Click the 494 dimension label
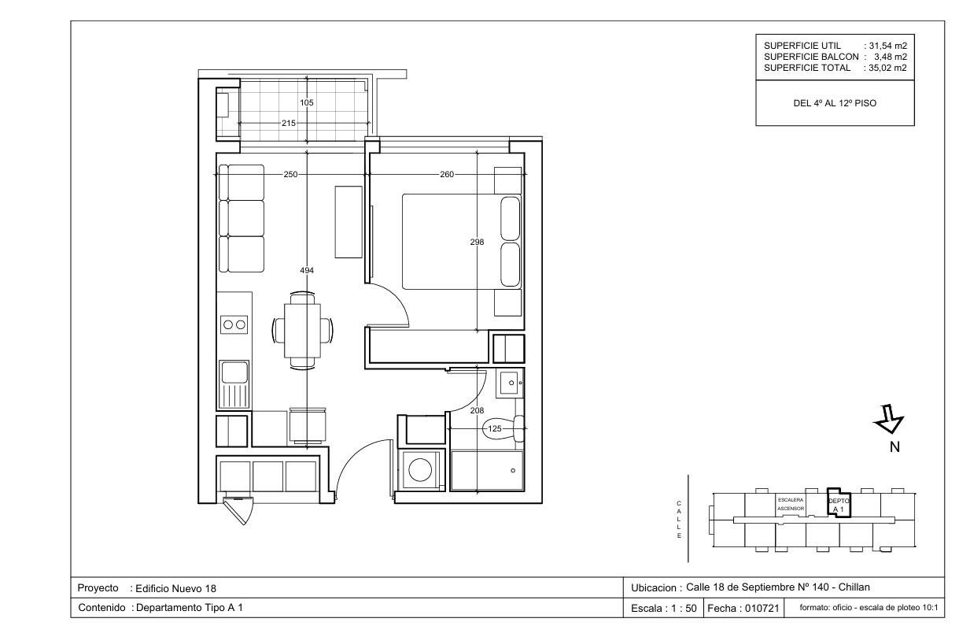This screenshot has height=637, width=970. (307, 270)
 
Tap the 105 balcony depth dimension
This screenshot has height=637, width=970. (307, 102)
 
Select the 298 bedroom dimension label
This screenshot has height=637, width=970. (477, 243)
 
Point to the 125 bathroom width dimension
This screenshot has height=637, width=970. (495, 428)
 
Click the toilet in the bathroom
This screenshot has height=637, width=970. (503, 428)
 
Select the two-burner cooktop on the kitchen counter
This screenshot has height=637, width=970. (234, 324)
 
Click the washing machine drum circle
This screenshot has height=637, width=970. (420, 470)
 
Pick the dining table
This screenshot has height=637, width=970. (302, 331)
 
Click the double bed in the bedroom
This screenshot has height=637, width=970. (462, 242)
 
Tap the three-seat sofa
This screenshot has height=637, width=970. (242, 218)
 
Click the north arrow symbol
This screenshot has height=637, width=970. (889, 419)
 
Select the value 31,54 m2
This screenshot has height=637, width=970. (887, 46)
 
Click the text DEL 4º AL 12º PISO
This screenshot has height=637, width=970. (835, 103)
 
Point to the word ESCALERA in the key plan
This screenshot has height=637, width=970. (791, 500)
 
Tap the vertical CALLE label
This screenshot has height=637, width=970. (679, 519)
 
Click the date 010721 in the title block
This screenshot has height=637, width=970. (762, 609)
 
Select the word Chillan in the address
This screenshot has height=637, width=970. (854, 587)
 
